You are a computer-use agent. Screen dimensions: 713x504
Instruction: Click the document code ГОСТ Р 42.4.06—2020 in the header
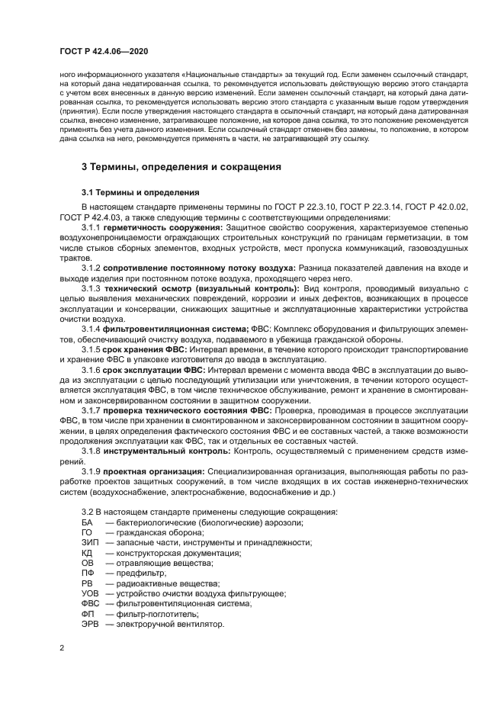(103, 52)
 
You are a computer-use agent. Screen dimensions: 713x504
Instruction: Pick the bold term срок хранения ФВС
(139, 348)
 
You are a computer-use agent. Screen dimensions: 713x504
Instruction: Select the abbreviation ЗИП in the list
(89, 542)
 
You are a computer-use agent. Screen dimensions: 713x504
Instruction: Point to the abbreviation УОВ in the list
(90, 593)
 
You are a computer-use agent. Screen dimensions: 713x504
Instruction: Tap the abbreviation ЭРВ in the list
(90, 625)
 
